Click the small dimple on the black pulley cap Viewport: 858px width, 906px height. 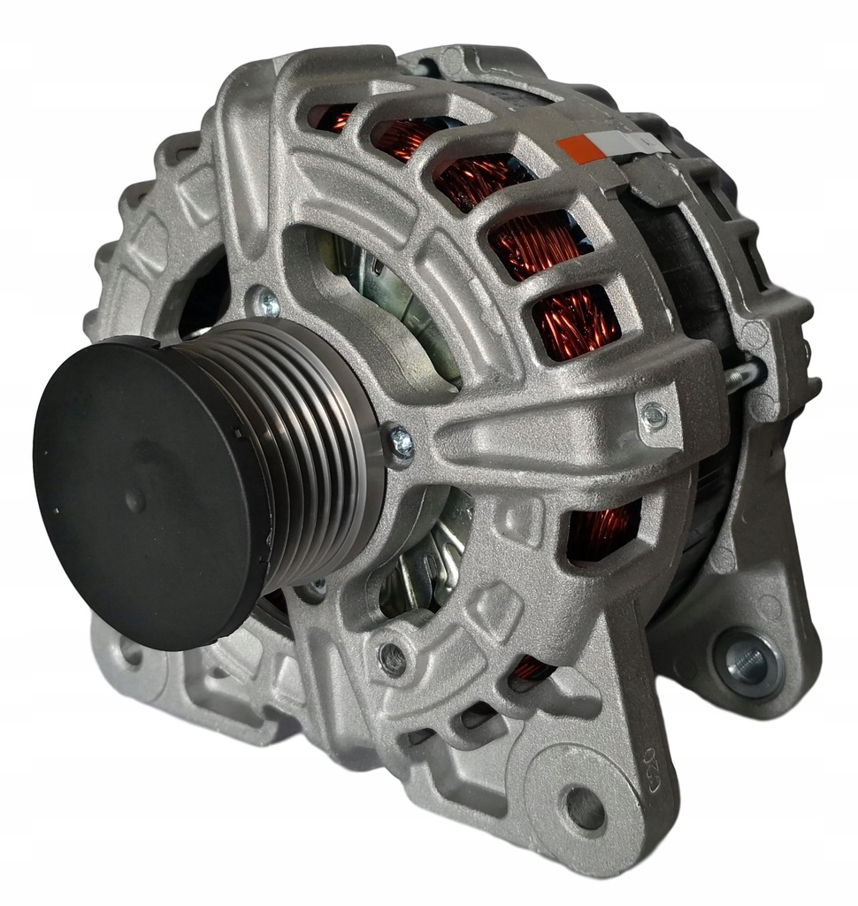(x=134, y=501)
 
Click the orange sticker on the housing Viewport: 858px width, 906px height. (x=581, y=149)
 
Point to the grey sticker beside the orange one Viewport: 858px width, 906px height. (x=620, y=142)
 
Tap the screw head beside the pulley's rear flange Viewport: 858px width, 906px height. (x=400, y=442)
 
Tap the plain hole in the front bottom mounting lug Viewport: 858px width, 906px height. (x=585, y=806)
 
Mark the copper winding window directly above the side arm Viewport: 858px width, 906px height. (x=575, y=323)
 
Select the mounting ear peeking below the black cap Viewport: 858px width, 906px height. (x=133, y=655)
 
